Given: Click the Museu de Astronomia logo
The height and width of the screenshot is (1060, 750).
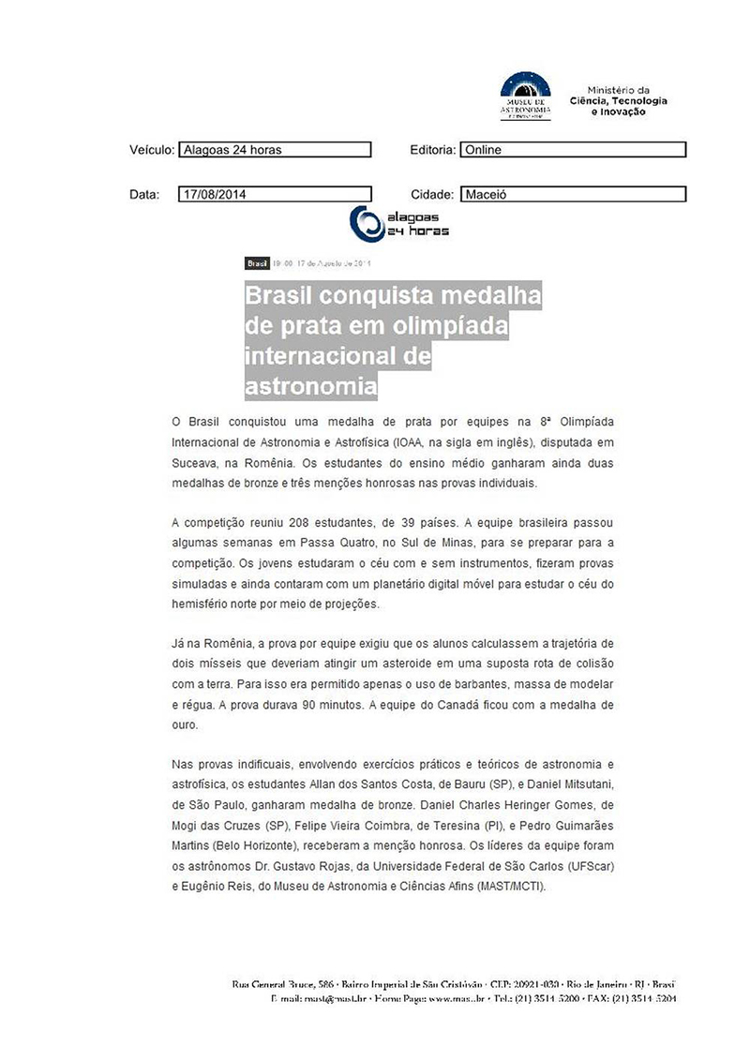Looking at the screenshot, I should (x=525, y=95).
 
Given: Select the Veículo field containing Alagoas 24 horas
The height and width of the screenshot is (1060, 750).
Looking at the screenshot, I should (x=274, y=150).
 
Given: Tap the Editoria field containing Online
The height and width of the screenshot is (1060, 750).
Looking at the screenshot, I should (x=573, y=150).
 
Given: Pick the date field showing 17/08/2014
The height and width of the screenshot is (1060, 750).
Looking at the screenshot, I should (x=274, y=195).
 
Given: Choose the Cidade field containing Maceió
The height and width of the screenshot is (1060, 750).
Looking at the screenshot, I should (x=573, y=195).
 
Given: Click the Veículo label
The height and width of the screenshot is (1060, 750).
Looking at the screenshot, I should (x=151, y=150).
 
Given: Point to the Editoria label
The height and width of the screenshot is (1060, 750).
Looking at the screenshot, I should (x=433, y=150).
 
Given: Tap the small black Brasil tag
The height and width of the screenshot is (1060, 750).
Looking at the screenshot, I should (x=257, y=263).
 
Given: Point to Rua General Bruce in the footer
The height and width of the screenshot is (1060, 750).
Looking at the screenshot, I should (x=272, y=985).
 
